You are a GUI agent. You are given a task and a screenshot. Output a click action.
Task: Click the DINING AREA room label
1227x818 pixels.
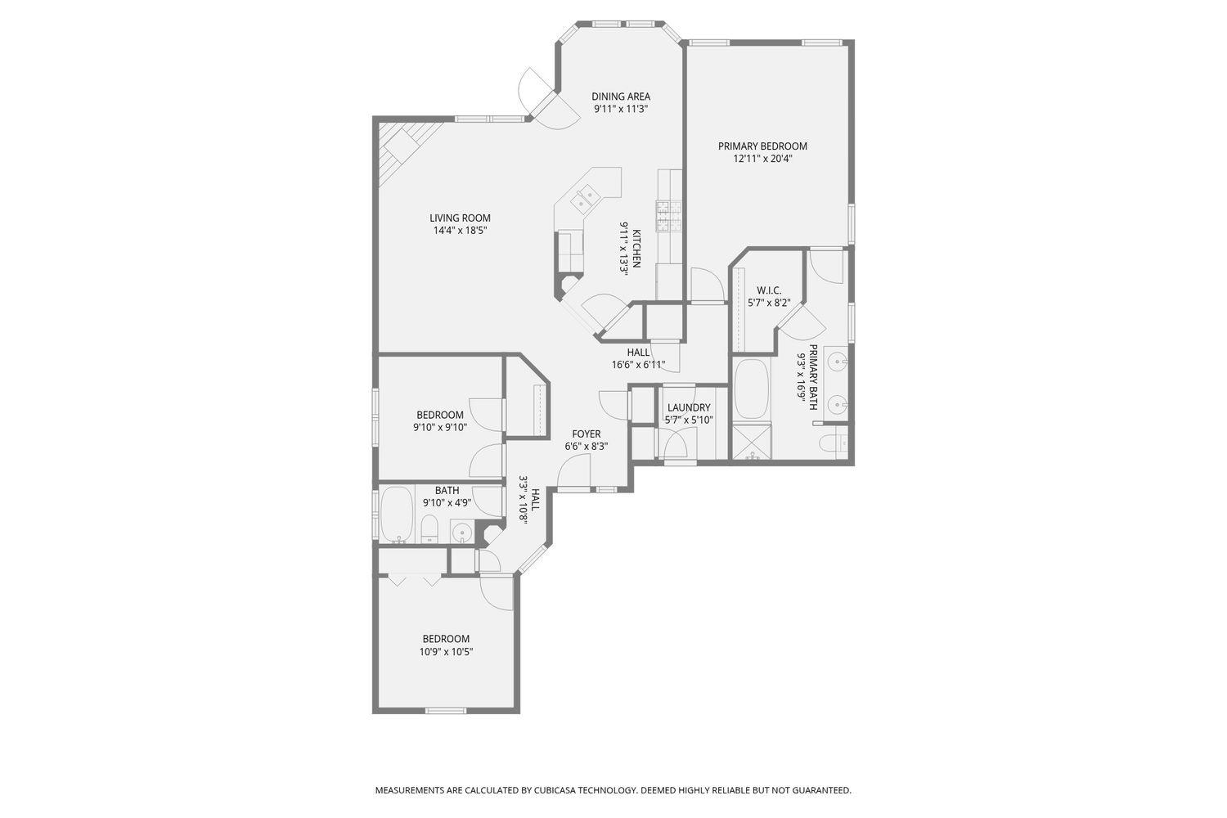click(x=621, y=97)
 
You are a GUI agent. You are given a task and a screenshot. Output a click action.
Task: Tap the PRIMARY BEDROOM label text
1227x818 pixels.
click(x=762, y=146)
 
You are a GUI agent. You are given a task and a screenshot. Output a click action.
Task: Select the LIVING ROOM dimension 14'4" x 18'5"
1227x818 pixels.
click(x=460, y=231)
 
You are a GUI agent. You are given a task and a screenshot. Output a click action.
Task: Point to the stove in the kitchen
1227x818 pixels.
click(x=669, y=215)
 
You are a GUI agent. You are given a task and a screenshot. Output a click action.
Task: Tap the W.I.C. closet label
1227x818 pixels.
click(x=769, y=290)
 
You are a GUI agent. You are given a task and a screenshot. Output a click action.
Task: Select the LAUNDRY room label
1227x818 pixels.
click(x=689, y=408)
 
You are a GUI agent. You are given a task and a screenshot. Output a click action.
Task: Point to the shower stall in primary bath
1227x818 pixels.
click(x=751, y=443)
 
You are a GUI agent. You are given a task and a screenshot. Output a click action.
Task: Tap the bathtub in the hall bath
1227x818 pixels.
click(x=398, y=515)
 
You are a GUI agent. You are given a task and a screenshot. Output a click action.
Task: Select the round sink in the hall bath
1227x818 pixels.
click(x=462, y=533)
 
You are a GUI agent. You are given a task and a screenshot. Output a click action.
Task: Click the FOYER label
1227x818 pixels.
click(x=586, y=434)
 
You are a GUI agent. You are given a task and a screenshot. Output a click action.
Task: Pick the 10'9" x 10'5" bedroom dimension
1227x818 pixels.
click(x=446, y=652)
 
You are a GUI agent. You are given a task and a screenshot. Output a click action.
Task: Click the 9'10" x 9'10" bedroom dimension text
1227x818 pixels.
click(x=439, y=427)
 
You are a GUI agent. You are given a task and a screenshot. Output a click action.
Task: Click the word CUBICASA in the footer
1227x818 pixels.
click(x=556, y=790)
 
